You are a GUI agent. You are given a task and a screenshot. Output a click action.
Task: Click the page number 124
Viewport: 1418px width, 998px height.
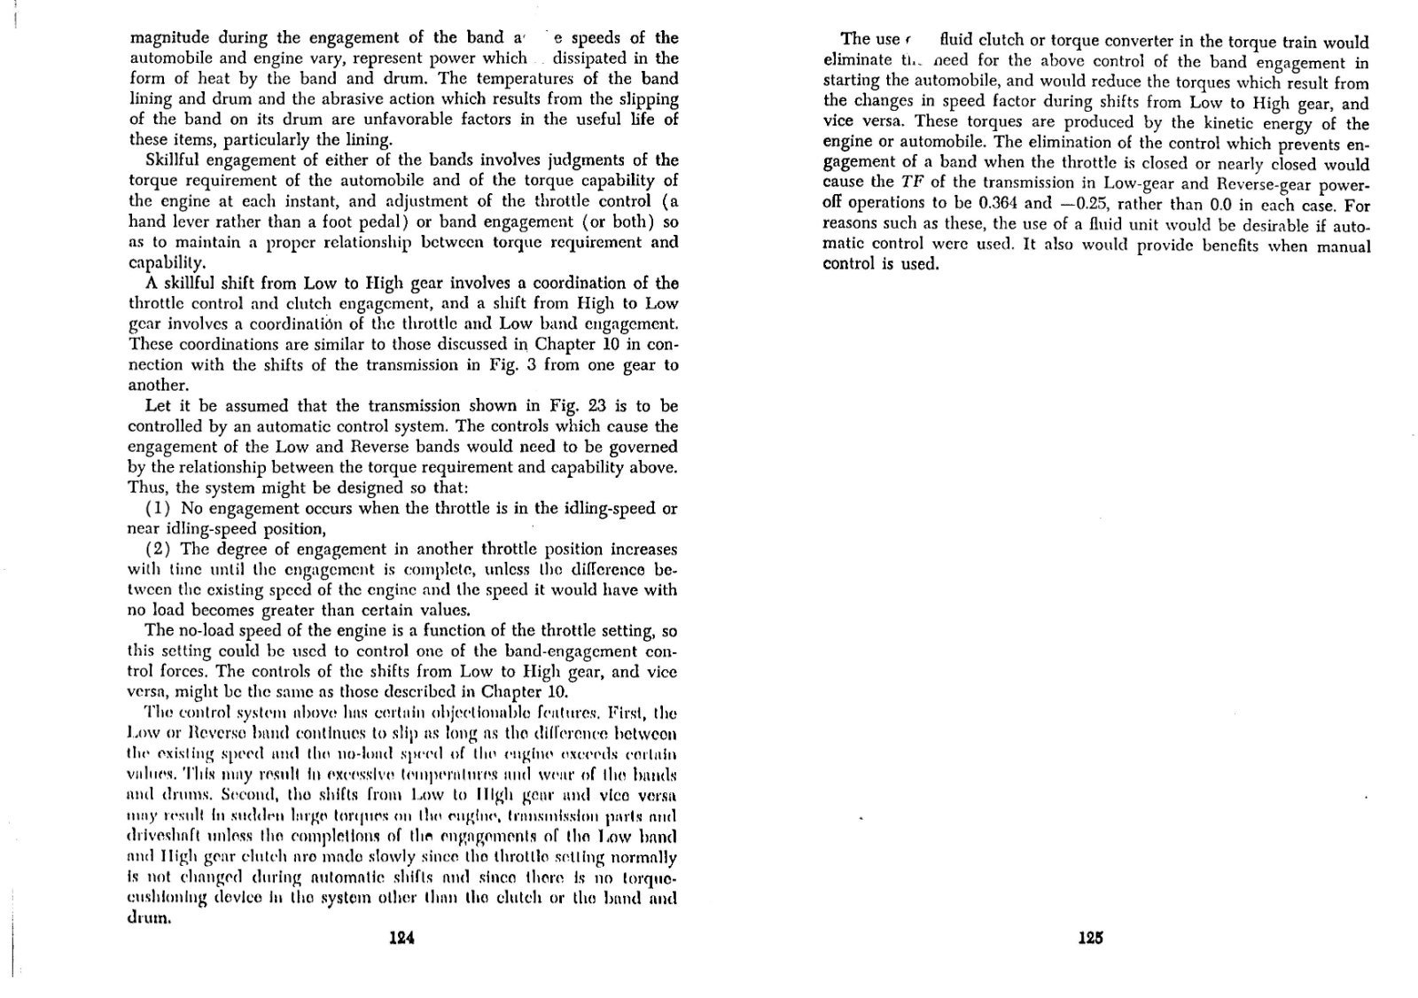(402, 939)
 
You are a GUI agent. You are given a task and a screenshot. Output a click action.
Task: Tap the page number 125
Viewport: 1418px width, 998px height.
(1089, 938)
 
